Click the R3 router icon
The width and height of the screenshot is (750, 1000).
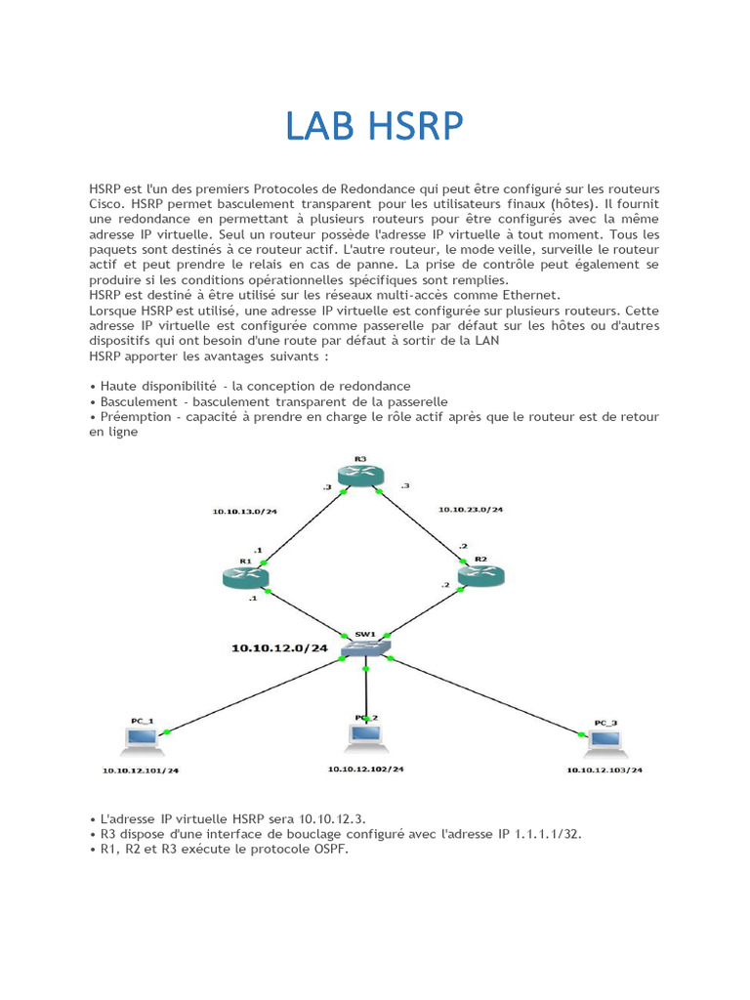click(x=360, y=475)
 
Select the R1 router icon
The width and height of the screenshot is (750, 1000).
click(x=244, y=577)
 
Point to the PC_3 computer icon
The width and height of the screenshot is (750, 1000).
click(x=605, y=741)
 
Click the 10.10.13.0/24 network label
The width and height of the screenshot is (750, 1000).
click(x=244, y=511)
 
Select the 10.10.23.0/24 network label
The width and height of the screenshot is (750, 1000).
click(x=471, y=510)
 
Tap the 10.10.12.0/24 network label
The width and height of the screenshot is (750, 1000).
click(x=279, y=648)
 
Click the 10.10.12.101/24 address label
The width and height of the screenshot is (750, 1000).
click(x=141, y=771)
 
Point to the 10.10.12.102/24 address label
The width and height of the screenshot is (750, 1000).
click(x=366, y=769)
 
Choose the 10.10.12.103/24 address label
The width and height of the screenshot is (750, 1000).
click(x=605, y=771)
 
